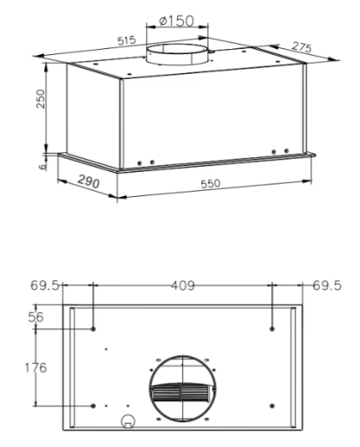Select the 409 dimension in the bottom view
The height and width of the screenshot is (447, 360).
[x=182, y=285]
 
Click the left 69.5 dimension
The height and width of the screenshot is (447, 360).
[x=45, y=285]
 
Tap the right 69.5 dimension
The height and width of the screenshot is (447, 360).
[x=326, y=285]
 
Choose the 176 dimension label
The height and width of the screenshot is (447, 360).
[x=35, y=366]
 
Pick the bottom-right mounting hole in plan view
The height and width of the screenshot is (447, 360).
[x=272, y=405]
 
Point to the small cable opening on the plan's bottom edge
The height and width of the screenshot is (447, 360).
[x=129, y=421]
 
